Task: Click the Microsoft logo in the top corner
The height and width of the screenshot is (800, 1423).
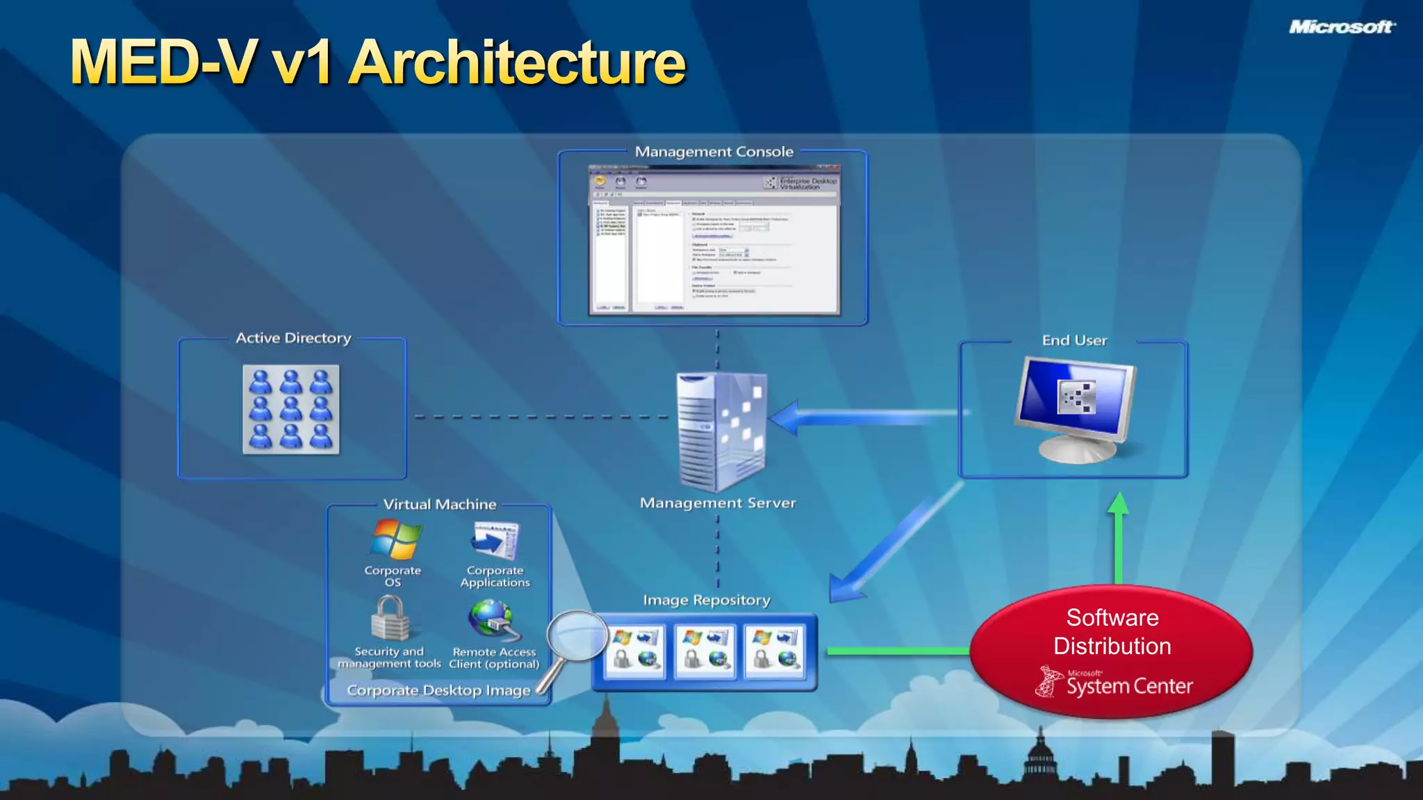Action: coord(1340,27)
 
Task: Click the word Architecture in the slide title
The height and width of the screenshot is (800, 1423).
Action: coord(518,62)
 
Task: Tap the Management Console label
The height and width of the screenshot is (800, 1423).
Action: coord(714,151)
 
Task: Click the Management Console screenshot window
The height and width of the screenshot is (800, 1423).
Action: coord(714,240)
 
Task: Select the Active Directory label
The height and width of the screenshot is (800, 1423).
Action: coord(293,338)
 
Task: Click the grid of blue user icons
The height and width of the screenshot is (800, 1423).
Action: coord(291,410)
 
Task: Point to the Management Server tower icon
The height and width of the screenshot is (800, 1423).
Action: coord(721,431)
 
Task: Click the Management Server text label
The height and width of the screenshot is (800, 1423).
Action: coord(718,503)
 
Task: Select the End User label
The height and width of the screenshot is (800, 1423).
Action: coord(1074,340)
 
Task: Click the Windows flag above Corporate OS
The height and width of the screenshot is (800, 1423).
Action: coord(395,540)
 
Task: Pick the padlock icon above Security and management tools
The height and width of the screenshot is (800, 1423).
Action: coord(389,618)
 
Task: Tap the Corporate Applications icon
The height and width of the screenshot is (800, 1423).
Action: coord(495,541)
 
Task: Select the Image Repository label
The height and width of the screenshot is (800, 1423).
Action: coord(707,600)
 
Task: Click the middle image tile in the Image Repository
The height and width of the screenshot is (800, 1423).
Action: coord(705,651)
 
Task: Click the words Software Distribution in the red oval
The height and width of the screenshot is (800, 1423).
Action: coord(1112,632)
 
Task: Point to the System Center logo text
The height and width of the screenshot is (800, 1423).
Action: coord(1129,686)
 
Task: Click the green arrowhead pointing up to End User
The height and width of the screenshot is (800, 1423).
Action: coord(1118,503)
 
